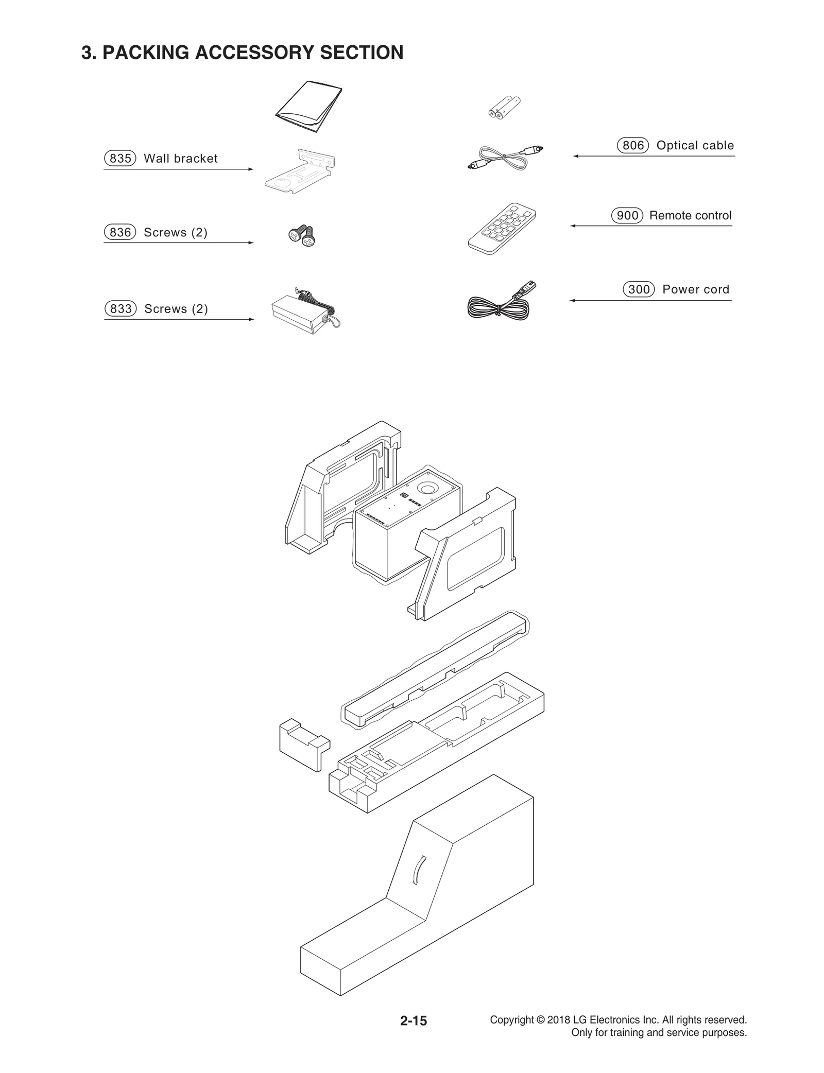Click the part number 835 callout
pyautogui.click(x=120, y=159)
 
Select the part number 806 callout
pyautogui.click(x=633, y=146)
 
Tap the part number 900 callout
pyautogui.click(x=627, y=216)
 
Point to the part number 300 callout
pyautogui.click(x=639, y=289)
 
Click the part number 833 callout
pyautogui.click(x=121, y=309)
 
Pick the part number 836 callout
pyautogui.click(x=120, y=233)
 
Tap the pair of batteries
pyautogui.click(x=504, y=108)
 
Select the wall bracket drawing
pyautogui.click(x=300, y=171)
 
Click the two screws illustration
pyautogui.click(x=302, y=236)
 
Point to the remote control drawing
pyautogui.click(x=502, y=228)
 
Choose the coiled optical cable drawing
pyautogui.click(x=505, y=158)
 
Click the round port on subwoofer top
pyautogui.click(x=427, y=487)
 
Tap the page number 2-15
pyautogui.click(x=414, y=1021)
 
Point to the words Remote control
pyautogui.click(x=690, y=216)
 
